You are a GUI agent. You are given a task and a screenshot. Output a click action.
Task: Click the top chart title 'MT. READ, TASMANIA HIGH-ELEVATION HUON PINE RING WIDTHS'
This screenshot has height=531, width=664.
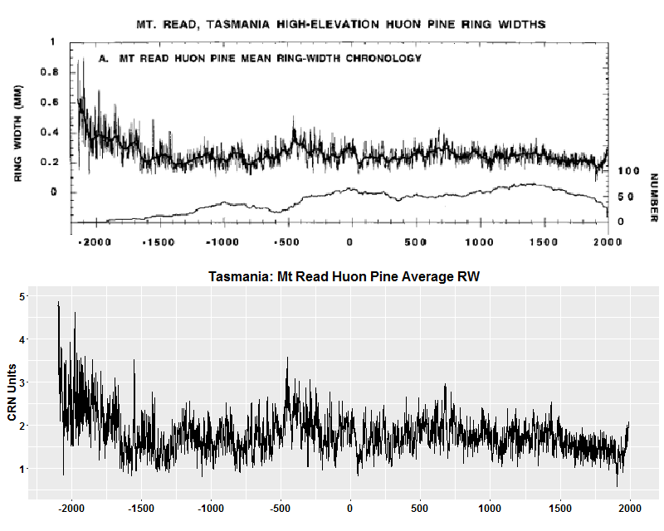click(340, 25)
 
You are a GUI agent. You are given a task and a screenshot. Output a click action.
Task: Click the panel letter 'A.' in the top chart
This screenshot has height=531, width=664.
click(105, 59)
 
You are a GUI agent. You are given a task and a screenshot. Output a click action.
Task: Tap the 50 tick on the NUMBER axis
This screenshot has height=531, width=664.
click(626, 197)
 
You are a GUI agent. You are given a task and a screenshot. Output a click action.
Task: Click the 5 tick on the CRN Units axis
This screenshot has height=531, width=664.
click(22, 296)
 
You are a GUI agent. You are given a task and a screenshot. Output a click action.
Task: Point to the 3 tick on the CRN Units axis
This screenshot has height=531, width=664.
click(22, 382)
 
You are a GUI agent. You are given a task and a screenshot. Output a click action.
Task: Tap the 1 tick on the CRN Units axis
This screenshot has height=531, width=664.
click(22, 469)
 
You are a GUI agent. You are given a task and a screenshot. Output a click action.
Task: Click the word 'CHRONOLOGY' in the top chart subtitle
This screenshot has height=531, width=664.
click(381, 59)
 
